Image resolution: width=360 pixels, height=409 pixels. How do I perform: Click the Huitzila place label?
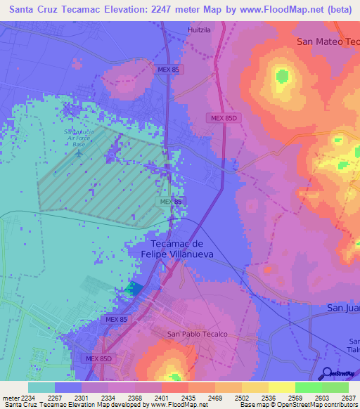199,30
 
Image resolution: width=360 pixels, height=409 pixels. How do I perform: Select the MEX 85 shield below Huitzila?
169,70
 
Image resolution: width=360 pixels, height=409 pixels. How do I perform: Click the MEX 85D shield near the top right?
224,118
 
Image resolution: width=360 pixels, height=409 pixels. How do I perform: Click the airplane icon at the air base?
79,151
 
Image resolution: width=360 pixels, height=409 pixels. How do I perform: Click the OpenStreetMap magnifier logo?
326,373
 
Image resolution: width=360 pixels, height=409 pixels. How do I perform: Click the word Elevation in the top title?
119,9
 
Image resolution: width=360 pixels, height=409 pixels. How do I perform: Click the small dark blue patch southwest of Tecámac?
133,289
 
